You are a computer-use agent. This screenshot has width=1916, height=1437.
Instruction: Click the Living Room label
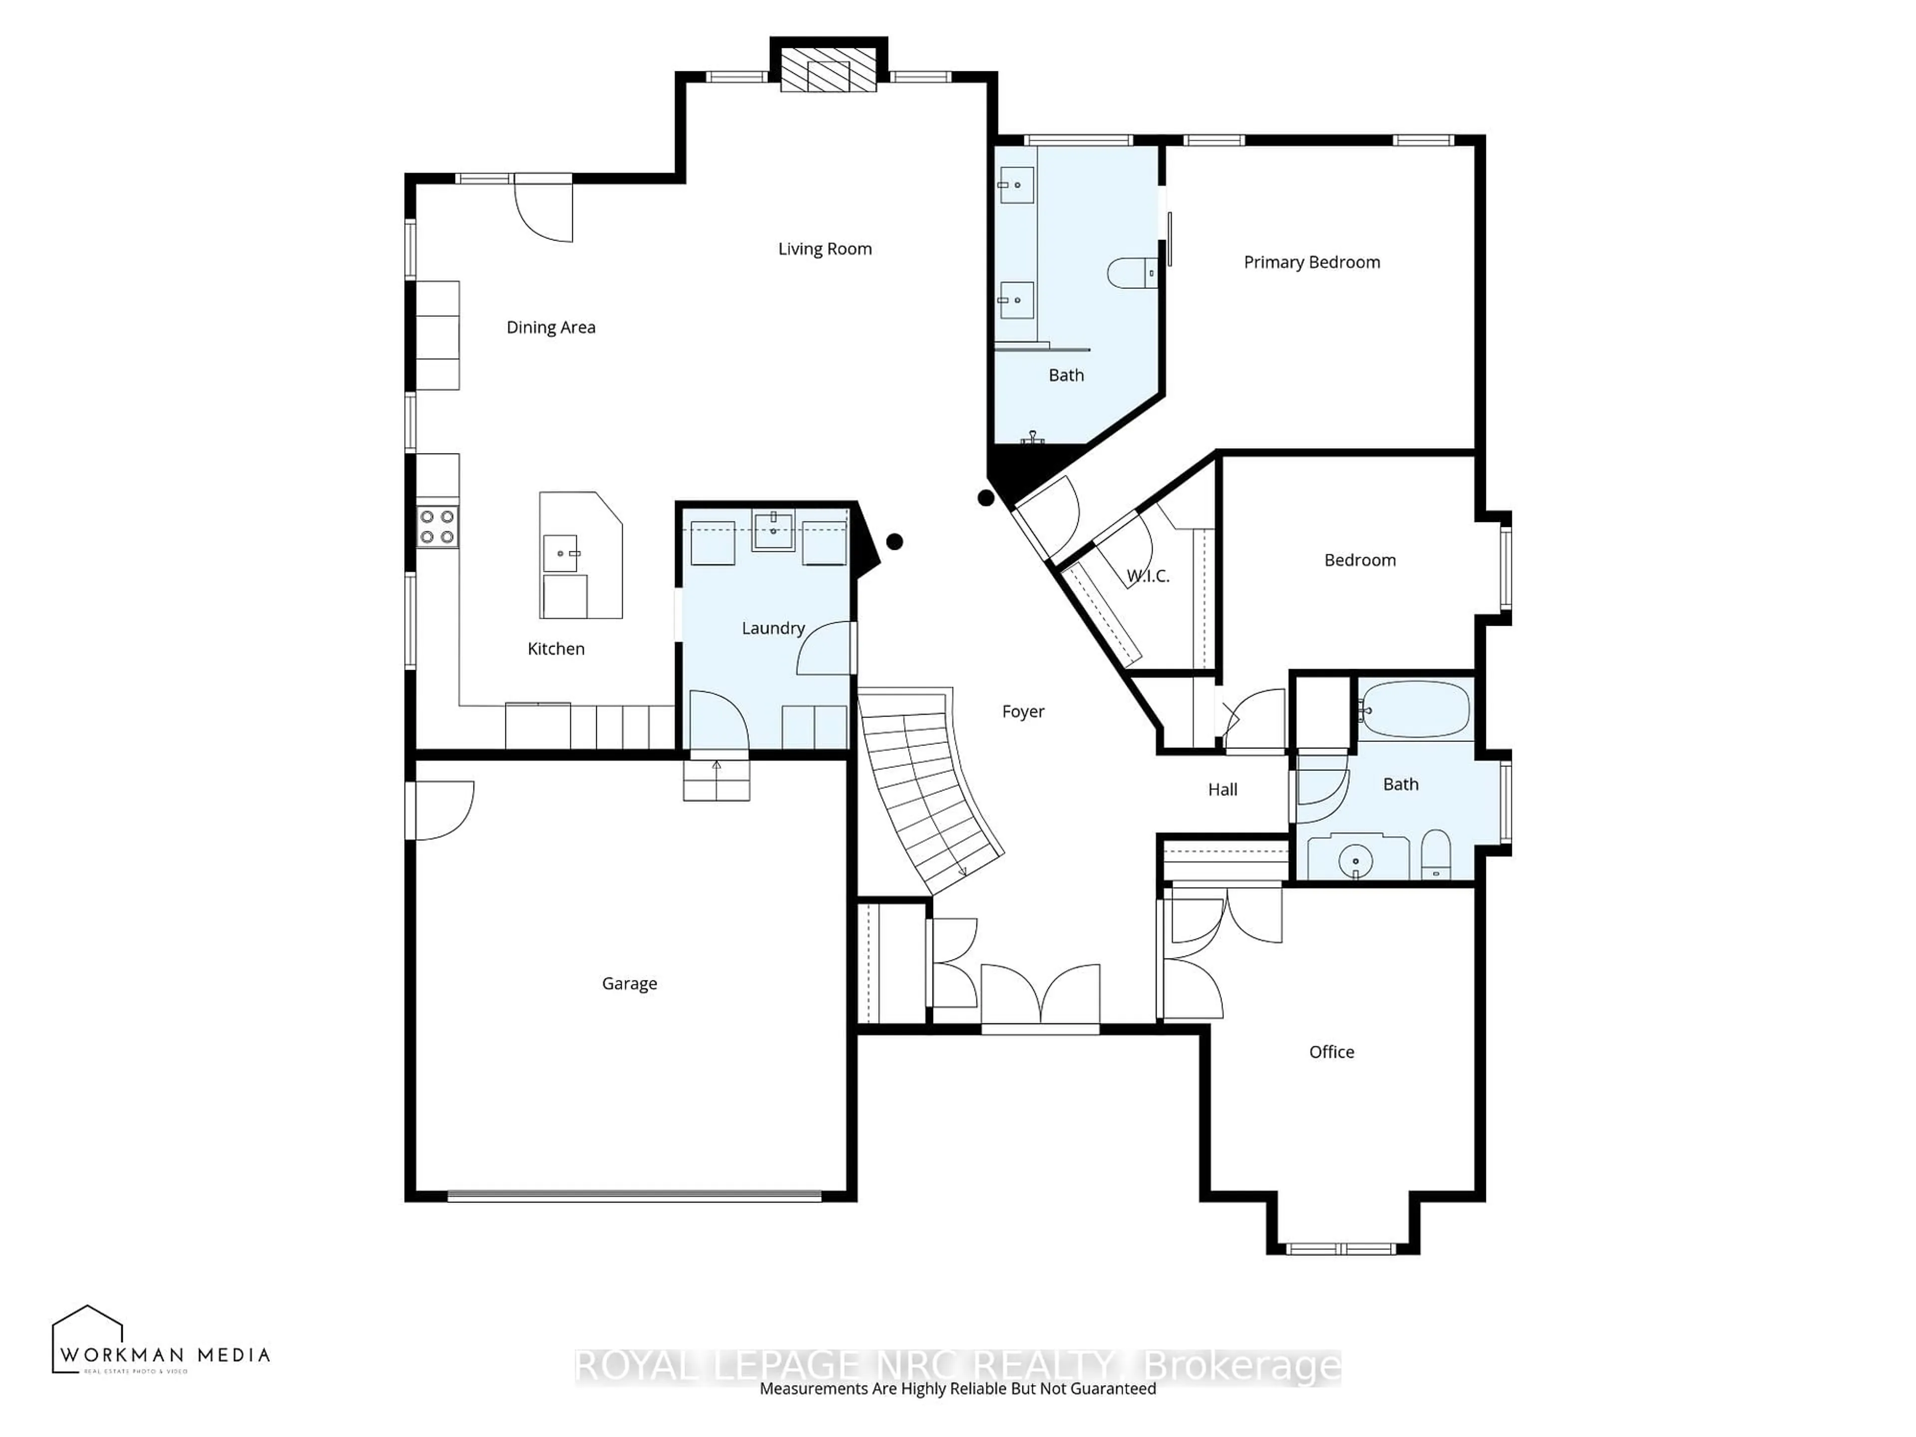[x=825, y=249]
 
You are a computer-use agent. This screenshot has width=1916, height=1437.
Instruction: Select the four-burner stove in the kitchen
[x=438, y=526]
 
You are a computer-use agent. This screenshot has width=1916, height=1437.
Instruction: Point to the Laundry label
[x=772, y=628]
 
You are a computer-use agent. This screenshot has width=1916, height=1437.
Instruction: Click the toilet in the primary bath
[x=1130, y=274]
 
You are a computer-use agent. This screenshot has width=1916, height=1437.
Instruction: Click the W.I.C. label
[x=1148, y=576]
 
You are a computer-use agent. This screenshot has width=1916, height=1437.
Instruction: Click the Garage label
[x=629, y=984]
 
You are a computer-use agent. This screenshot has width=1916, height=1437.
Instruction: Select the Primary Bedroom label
[x=1311, y=262]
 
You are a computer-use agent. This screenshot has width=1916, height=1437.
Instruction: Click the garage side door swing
[x=442, y=810]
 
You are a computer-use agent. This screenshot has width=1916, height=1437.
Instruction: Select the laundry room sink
[x=772, y=530]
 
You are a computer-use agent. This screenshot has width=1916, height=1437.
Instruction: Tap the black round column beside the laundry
[x=895, y=541]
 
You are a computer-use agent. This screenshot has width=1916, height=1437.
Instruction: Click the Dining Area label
[x=551, y=327]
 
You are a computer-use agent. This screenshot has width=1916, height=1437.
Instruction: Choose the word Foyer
[x=1023, y=712]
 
